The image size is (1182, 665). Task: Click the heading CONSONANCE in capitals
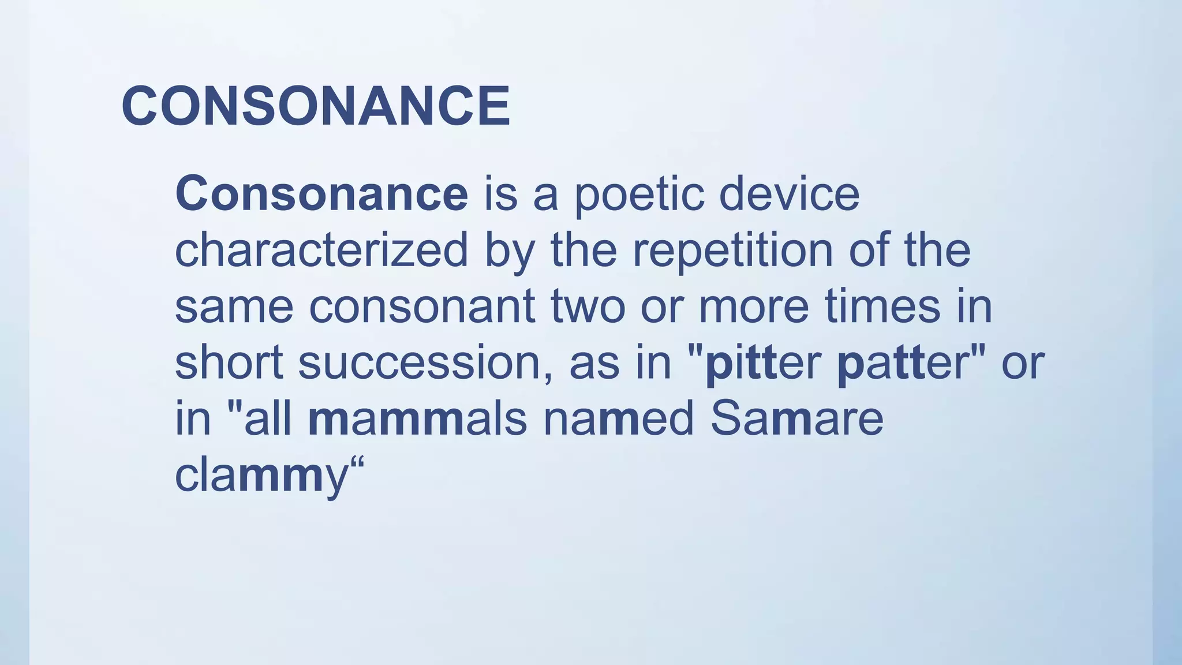click(x=316, y=106)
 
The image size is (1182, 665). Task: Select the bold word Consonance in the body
click(x=321, y=194)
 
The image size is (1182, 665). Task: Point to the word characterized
click(x=321, y=251)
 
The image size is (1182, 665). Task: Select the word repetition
click(x=732, y=251)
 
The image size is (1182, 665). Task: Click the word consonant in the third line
click(x=422, y=307)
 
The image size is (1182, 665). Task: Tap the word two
click(x=588, y=307)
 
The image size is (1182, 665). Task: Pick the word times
click(x=882, y=307)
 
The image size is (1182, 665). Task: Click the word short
click(x=229, y=363)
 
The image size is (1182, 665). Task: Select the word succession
click(x=425, y=363)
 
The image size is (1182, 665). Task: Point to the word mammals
click(x=417, y=419)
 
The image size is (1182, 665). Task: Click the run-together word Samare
click(x=796, y=419)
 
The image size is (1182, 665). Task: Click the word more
click(x=754, y=307)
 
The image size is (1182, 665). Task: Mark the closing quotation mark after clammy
click(x=358, y=464)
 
